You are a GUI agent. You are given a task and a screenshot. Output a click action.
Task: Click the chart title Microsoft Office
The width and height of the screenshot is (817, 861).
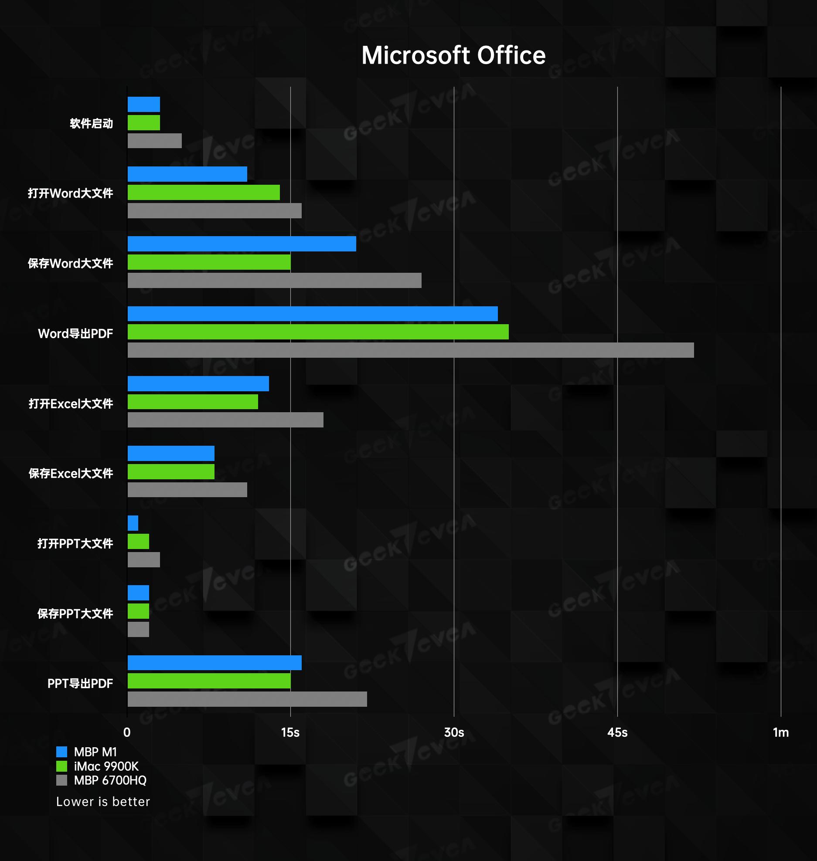coord(453,55)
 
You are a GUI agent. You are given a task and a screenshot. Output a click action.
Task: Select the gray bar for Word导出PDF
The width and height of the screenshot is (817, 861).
coord(410,350)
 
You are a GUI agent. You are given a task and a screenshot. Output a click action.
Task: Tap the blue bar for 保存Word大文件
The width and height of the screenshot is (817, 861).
coord(242,244)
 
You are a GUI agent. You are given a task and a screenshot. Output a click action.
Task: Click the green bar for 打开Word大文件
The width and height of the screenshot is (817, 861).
coord(204,192)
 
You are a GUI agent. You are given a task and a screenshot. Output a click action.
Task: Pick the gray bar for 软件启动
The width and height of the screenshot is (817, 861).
coord(154,141)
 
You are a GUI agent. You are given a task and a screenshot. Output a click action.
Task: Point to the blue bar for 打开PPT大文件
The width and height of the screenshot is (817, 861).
coord(133,523)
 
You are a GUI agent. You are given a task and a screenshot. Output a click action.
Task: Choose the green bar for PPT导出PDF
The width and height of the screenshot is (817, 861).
coord(209,681)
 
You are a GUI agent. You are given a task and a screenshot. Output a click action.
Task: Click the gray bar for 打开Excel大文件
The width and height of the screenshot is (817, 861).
coord(225,420)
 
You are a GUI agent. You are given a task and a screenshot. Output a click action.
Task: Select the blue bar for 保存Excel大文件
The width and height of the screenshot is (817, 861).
coord(171,453)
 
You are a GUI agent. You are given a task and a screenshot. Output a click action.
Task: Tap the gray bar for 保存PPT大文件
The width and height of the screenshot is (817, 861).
coord(138,629)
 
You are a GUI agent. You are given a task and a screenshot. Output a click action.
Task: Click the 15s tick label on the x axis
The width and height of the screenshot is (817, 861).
coord(290,732)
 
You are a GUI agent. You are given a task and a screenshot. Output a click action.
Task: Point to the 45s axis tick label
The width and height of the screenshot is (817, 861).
coord(617,732)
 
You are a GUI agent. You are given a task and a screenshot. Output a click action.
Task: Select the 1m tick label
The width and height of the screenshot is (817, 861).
coord(780,732)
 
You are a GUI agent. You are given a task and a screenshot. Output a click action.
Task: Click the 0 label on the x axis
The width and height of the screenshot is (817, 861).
coord(127,732)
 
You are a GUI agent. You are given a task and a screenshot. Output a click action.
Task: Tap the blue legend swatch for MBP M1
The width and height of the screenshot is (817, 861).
coord(62,752)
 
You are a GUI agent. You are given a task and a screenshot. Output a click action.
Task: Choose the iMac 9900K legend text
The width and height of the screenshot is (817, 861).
coord(106,766)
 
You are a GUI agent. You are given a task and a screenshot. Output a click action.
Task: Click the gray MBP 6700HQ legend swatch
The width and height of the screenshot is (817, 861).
coord(62,780)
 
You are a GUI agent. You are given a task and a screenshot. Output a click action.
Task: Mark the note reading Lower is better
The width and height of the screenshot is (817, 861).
coord(103,802)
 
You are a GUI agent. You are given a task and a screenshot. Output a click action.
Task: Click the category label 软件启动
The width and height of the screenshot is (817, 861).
coord(92,123)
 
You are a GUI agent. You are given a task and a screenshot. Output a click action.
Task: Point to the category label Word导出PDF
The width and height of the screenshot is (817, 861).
coord(75,333)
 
